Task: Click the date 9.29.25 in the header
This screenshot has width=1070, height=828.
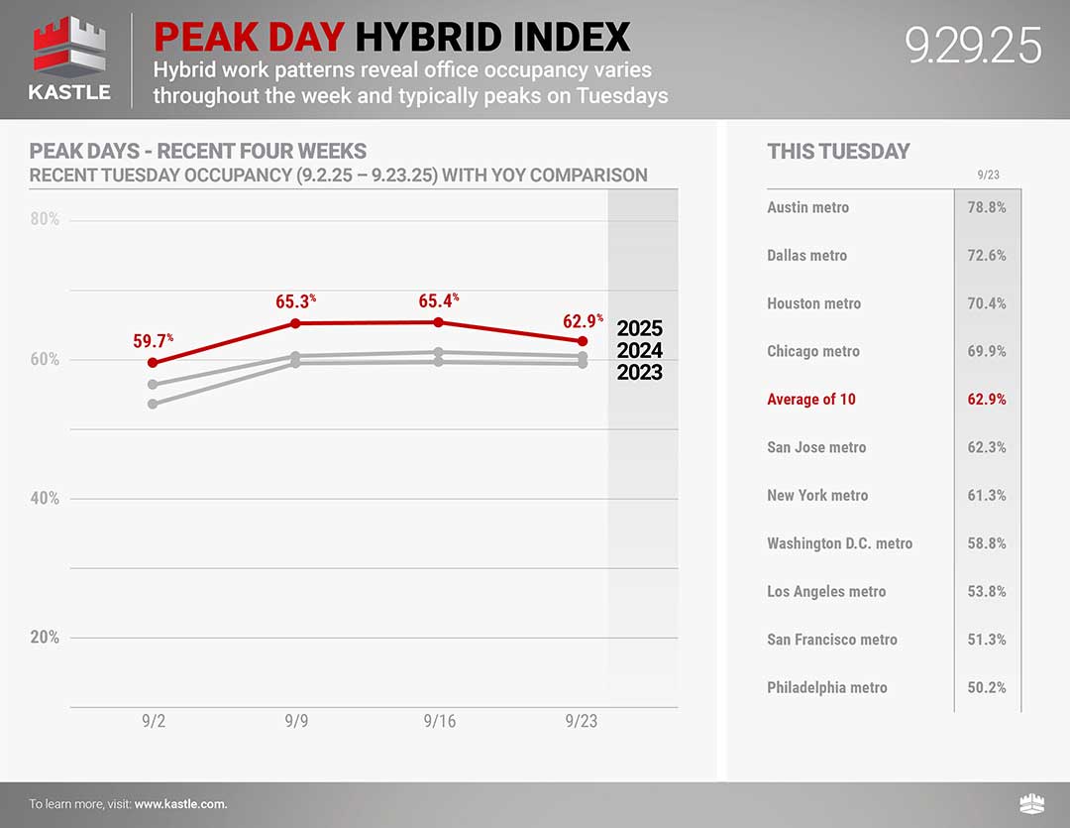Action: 973,46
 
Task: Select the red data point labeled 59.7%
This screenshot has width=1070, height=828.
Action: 153,363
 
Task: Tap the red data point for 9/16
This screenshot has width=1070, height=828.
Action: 438,322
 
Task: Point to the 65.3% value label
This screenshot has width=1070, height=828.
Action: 295,301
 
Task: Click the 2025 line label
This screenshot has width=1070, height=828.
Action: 639,328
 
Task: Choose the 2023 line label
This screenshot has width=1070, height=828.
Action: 639,372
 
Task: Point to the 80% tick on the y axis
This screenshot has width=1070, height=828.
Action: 45,219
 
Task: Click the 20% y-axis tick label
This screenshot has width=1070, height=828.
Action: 45,638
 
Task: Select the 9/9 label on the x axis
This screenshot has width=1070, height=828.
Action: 295,721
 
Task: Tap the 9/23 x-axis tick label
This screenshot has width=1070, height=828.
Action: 582,721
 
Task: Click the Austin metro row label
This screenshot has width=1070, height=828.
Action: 807,207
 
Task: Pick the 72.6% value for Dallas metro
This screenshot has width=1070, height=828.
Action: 986,256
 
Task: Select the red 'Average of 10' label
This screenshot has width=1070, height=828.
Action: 810,400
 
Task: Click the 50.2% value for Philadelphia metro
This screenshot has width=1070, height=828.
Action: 986,687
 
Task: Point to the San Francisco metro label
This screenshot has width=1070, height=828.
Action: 831,640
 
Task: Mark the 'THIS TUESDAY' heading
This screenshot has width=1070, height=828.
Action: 838,152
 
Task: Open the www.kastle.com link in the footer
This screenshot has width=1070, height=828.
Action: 180,804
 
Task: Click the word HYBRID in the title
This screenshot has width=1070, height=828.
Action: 426,38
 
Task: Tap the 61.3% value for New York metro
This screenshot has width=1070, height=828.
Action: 986,496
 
